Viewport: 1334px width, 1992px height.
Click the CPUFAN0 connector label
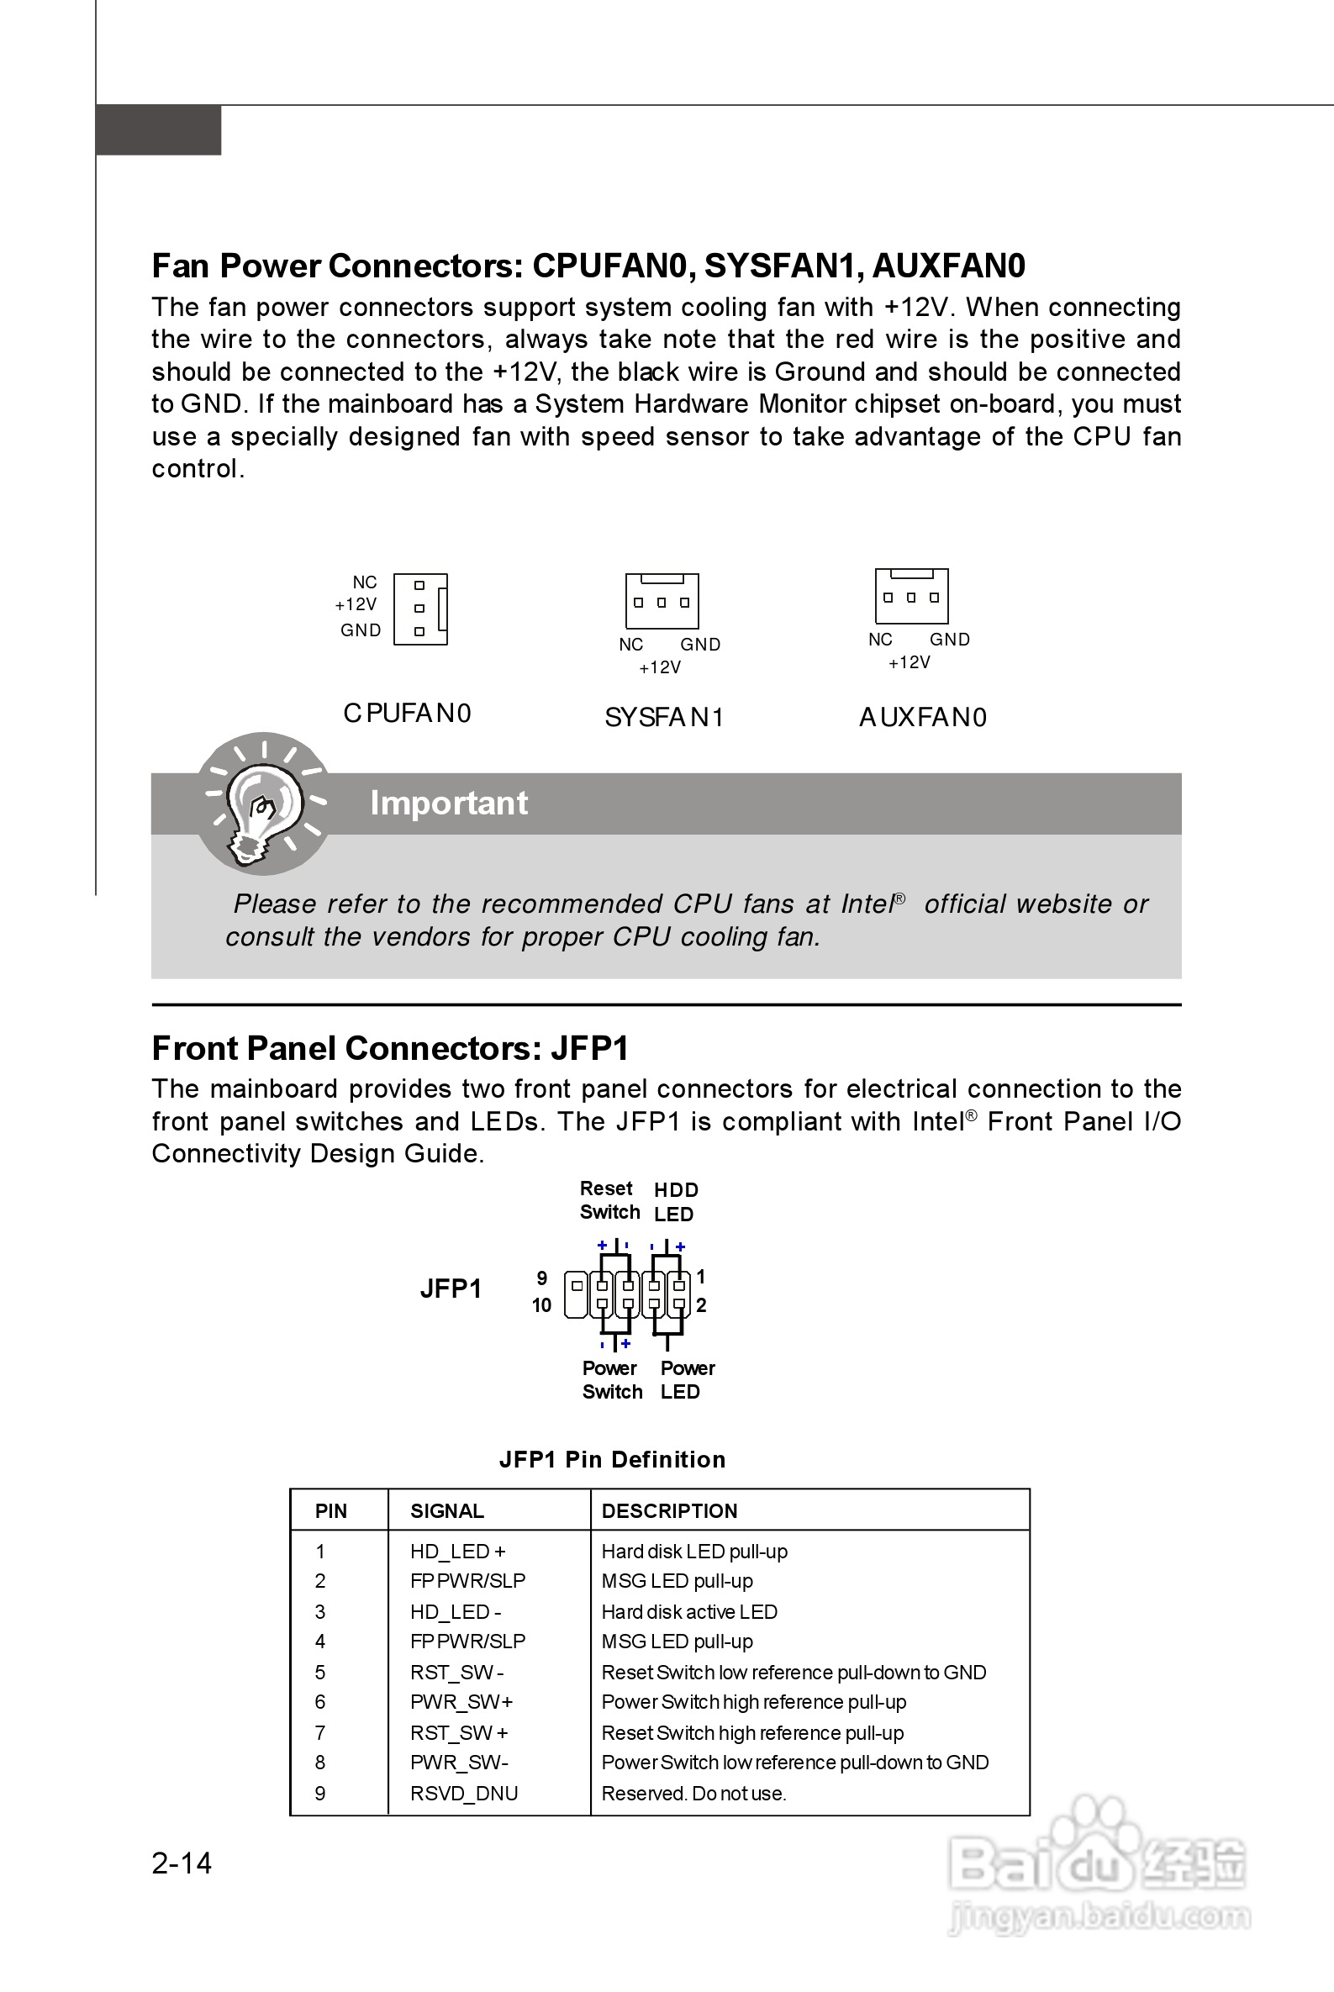click(x=407, y=713)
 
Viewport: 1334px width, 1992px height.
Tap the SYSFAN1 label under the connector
click(x=663, y=718)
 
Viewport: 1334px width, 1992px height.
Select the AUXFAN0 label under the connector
click(x=922, y=718)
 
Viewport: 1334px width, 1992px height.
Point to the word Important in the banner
click(x=448, y=803)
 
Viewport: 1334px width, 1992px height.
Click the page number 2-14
click(x=182, y=1863)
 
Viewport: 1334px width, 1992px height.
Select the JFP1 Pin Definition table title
click(x=612, y=1460)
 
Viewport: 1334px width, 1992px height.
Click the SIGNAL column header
click(x=446, y=1510)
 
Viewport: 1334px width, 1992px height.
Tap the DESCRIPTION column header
click(x=669, y=1510)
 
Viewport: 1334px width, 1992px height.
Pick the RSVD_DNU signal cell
click(x=464, y=1793)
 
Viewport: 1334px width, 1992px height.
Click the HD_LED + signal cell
click(x=458, y=1552)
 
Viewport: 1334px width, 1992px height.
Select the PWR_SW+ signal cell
click(x=461, y=1701)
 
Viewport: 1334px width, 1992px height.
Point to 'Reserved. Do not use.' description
click(x=693, y=1793)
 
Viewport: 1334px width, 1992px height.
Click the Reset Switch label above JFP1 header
click(x=609, y=1200)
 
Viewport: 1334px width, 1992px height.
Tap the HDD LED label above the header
click(x=676, y=1202)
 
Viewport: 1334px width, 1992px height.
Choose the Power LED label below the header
click(x=687, y=1379)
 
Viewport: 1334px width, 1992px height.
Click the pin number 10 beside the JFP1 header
click(x=541, y=1305)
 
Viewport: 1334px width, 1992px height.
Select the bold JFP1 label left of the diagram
click(x=450, y=1289)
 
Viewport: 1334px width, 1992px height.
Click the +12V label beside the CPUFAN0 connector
click(x=355, y=605)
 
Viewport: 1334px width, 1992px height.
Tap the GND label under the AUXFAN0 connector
click(x=949, y=640)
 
